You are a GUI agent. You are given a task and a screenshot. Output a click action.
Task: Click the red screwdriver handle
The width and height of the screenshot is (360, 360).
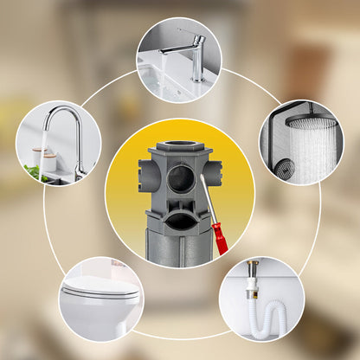pyautogui.click(x=220, y=238)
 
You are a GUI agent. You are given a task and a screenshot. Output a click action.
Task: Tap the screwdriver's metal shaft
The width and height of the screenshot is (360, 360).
pyautogui.click(x=209, y=203)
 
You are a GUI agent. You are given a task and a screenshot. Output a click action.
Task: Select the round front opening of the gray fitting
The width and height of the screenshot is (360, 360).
pyautogui.click(x=180, y=179)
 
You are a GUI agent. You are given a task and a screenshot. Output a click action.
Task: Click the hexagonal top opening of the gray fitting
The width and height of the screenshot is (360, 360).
pyautogui.click(x=179, y=147)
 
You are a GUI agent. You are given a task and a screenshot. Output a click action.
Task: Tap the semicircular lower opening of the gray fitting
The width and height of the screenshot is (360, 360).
pyautogui.click(x=179, y=222)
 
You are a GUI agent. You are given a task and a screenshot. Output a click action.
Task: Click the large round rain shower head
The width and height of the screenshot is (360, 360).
pyautogui.click(x=312, y=122)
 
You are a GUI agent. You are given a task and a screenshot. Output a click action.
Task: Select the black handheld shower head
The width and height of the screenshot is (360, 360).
pyautogui.click(x=285, y=169)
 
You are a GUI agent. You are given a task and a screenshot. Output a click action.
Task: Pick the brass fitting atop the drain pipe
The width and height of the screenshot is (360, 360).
pyautogui.click(x=253, y=267)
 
